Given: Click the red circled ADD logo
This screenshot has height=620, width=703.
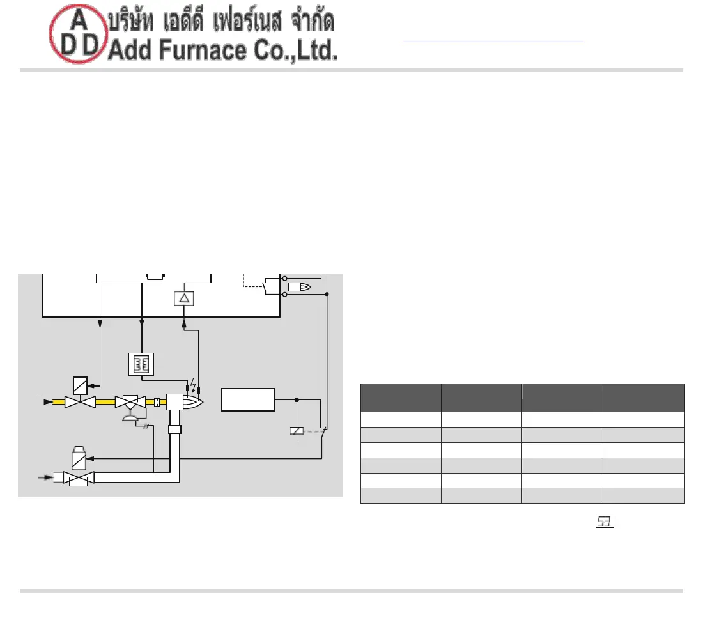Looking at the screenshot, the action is (x=79, y=34).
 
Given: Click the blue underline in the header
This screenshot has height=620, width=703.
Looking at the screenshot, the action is (x=493, y=42).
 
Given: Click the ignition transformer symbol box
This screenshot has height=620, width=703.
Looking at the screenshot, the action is (x=141, y=364).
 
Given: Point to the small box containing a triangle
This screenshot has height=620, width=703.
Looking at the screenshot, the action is (x=184, y=298).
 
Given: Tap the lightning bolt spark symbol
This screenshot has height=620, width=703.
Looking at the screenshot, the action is (x=193, y=385).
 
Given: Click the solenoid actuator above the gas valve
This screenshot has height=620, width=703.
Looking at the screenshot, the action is (x=81, y=385).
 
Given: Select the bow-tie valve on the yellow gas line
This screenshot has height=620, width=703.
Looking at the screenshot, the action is (x=81, y=402).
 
